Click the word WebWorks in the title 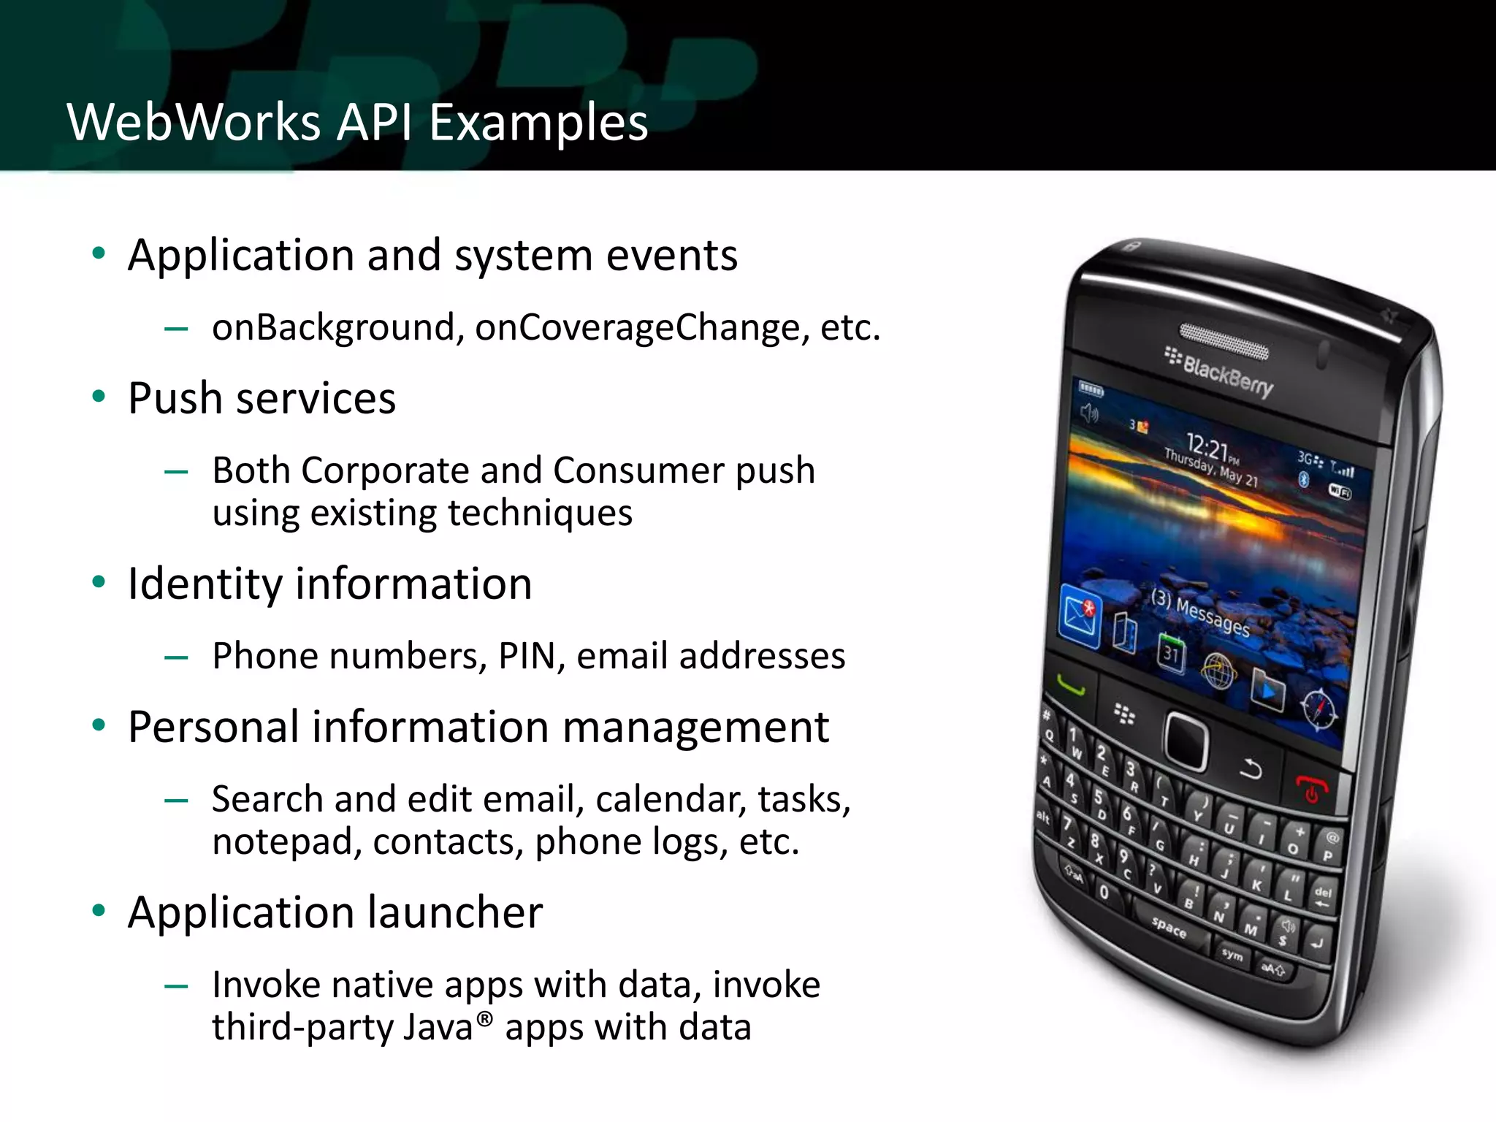194,122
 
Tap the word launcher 454,912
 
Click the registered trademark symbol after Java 485,1017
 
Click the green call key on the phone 1070,687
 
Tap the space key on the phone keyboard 1169,927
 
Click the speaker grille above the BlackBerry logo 1224,341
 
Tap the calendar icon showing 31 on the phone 1171,652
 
